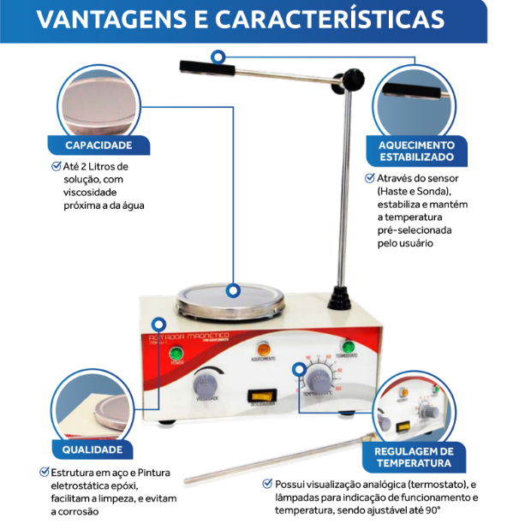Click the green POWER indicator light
point(176,354)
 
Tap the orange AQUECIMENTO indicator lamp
point(264,348)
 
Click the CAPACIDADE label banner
point(98,146)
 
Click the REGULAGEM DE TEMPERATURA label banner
point(416,457)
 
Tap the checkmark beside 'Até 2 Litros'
point(57,166)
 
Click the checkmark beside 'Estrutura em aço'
point(45,472)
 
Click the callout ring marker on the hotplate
point(232,291)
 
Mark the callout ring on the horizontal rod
point(219,57)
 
